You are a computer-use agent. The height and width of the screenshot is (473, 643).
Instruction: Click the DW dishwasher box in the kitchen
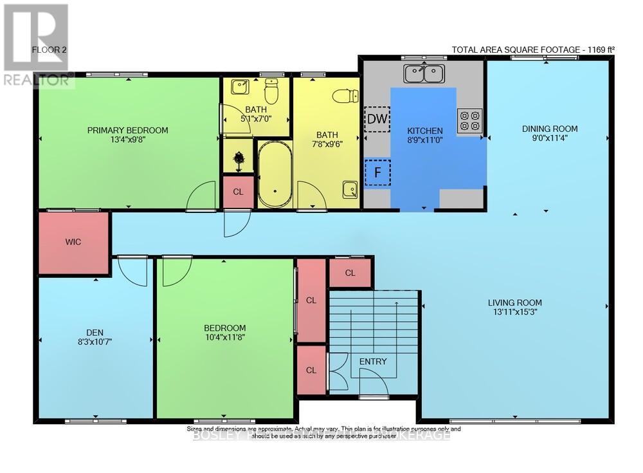(377, 118)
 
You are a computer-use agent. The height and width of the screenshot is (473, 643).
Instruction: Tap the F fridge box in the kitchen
(377, 172)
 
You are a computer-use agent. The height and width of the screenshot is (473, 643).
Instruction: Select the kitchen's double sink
(424, 73)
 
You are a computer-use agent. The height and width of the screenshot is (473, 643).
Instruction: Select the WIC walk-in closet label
(73, 242)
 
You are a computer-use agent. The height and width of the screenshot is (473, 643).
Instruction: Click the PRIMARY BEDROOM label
(128, 130)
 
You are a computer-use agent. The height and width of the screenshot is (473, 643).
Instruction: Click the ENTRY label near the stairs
(373, 362)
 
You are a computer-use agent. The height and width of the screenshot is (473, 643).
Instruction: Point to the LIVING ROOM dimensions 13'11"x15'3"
(514, 313)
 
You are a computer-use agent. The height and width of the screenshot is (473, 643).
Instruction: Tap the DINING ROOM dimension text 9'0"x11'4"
(549, 138)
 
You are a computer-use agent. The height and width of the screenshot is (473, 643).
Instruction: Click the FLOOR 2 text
(48, 49)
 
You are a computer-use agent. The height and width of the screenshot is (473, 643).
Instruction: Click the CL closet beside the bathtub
(238, 192)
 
